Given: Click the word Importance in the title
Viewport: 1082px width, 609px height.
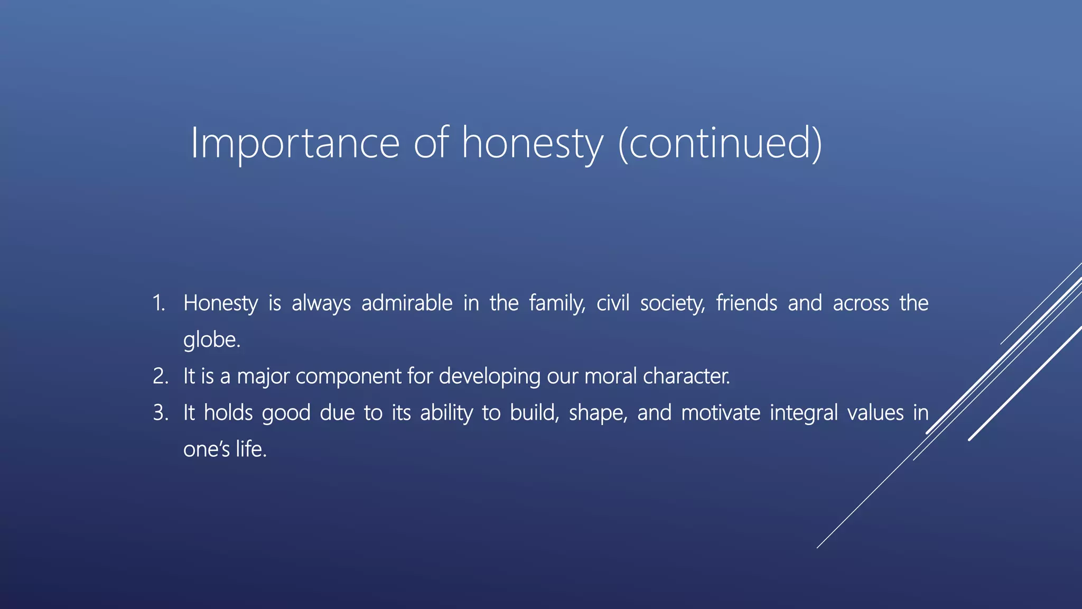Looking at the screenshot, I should coord(295,143).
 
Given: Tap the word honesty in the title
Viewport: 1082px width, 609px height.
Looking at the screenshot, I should coord(532,143).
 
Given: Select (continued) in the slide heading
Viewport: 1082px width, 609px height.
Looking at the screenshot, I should coord(720,143).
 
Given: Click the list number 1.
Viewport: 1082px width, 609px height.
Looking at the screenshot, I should coord(158,303).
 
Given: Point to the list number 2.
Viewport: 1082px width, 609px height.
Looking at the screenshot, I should coord(160,376).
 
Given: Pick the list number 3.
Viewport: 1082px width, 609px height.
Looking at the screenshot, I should coord(160,413).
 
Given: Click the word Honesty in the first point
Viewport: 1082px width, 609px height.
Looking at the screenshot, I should coord(220,303).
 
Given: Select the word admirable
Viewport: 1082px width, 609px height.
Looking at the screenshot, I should coord(407,303).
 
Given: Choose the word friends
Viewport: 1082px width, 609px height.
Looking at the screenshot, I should coord(747,303).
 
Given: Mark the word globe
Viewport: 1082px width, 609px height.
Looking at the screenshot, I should coord(211,340).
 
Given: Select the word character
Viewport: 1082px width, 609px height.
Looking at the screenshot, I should coord(686,376).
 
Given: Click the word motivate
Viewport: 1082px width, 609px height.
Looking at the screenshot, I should coord(721,413).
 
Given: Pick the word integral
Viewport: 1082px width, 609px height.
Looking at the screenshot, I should coord(804,413).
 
